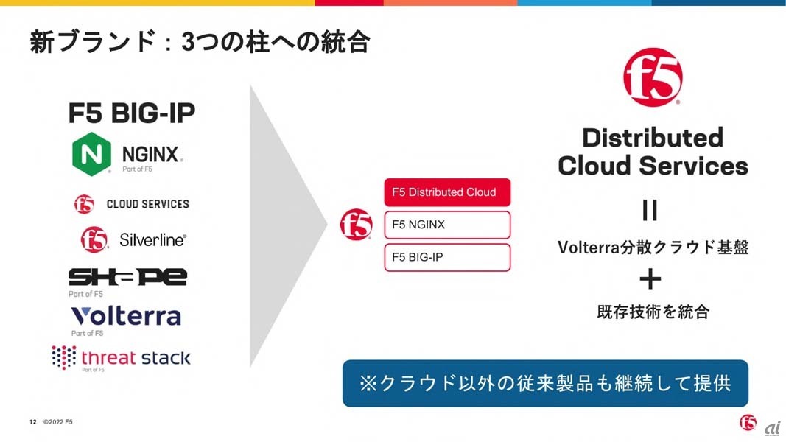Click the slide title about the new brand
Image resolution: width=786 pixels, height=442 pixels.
pyautogui.click(x=199, y=42)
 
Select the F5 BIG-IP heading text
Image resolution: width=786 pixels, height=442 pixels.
pyautogui.click(x=132, y=113)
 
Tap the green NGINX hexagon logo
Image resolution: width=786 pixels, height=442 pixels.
pyautogui.click(x=92, y=154)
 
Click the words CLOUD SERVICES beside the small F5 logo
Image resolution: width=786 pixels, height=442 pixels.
pyautogui.click(x=147, y=204)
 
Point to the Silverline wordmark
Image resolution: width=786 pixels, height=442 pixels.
pyautogui.click(x=153, y=240)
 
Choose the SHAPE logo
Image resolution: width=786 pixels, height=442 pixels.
pyautogui.click(x=127, y=277)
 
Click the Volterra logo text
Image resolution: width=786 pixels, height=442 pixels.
pyautogui.click(x=126, y=316)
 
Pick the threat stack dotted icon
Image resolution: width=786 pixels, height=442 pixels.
pyautogui.click(x=64, y=357)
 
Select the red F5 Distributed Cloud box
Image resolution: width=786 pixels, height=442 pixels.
pyautogui.click(x=447, y=192)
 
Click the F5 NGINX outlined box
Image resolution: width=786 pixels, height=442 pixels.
pyautogui.click(x=447, y=225)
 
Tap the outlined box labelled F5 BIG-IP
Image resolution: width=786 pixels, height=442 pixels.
pyautogui.click(x=447, y=257)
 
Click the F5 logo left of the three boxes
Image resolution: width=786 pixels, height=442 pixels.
pyautogui.click(x=356, y=225)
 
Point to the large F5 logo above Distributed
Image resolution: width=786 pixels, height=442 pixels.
pyautogui.click(x=653, y=78)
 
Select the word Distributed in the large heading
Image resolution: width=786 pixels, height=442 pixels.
pyautogui.click(x=653, y=138)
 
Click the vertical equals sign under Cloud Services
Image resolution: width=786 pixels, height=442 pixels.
pyautogui.click(x=650, y=211)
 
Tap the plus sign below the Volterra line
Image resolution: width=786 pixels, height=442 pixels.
pyautogui.click(x=650, y=279)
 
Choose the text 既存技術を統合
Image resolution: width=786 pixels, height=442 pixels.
pyautogui.click(x=653, y=312)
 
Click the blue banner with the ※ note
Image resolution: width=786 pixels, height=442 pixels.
pyautogui.click(x=545, y=383)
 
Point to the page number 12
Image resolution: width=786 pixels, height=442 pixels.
pyautogui.click(x=32, y=422)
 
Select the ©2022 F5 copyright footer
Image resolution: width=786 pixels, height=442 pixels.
pyautogui.click(x=57, y=422)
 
